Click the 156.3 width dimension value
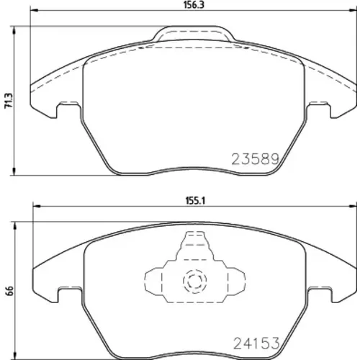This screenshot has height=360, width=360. [x=194, y=5]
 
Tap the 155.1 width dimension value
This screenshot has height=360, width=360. [x=195, y=200]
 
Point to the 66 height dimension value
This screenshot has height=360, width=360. [x=9, y=291]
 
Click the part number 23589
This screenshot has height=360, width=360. [x=256, y=159]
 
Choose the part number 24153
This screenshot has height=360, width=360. [x=256, y=343]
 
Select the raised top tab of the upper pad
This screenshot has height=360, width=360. [x=194, y=34]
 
